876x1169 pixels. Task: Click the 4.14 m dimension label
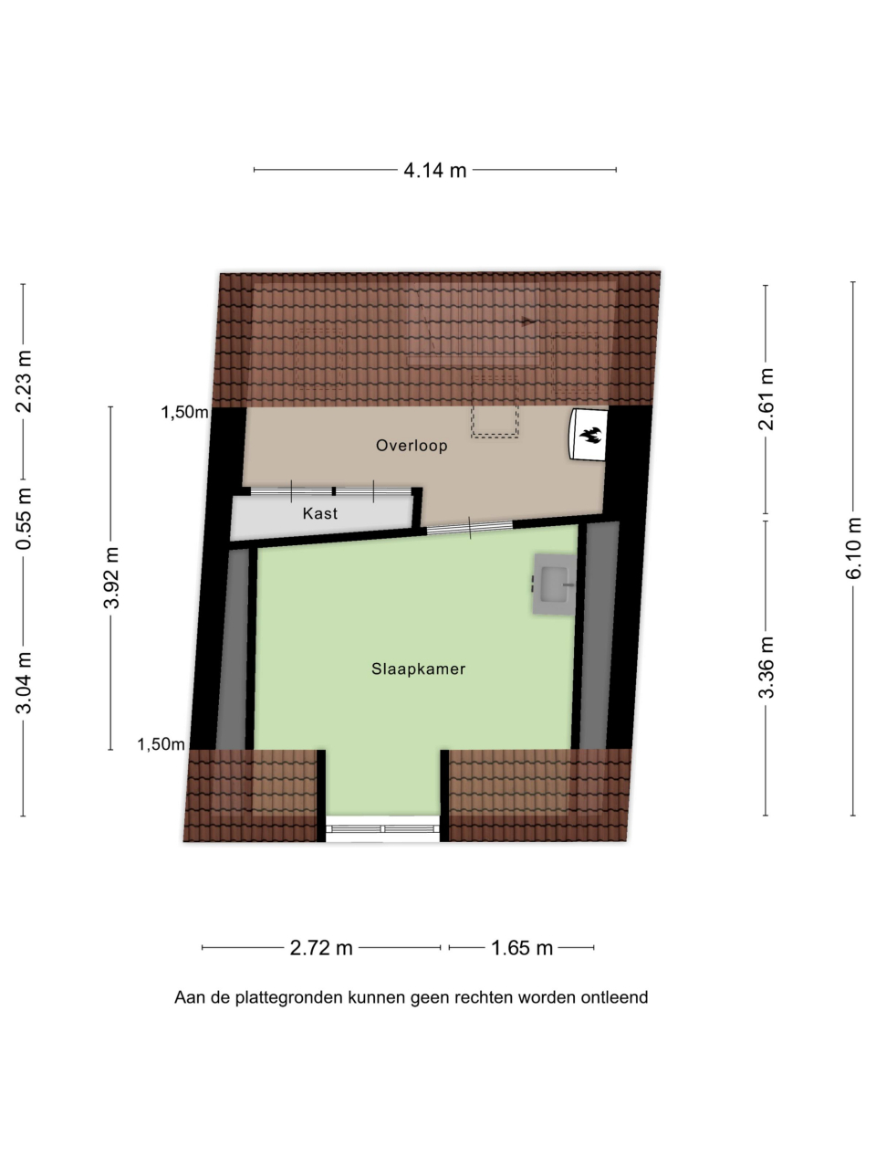click(434, 171)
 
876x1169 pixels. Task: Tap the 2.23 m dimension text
click(24, 382)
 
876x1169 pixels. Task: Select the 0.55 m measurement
click(24, 519)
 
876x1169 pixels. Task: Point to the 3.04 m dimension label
click(24, 683)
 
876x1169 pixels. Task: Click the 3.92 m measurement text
click(111, 578)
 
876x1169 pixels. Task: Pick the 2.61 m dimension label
click(766, 399)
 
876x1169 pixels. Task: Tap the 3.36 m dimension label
click(766, 668)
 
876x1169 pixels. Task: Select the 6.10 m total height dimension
click(854, 548)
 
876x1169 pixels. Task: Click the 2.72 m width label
click(321, 948)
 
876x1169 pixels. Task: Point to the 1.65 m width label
click(522, 948)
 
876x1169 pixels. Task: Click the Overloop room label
click(412, 446)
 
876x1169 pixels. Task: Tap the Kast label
click(320, 513)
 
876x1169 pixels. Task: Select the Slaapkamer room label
click(419, 669)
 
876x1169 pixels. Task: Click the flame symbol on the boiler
click(590, 435)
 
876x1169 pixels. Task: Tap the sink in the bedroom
click(555, 584)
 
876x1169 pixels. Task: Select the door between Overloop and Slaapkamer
click(470, 527)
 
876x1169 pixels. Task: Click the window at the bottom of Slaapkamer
click(383, 828)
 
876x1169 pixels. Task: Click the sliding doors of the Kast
click(331, 491)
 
